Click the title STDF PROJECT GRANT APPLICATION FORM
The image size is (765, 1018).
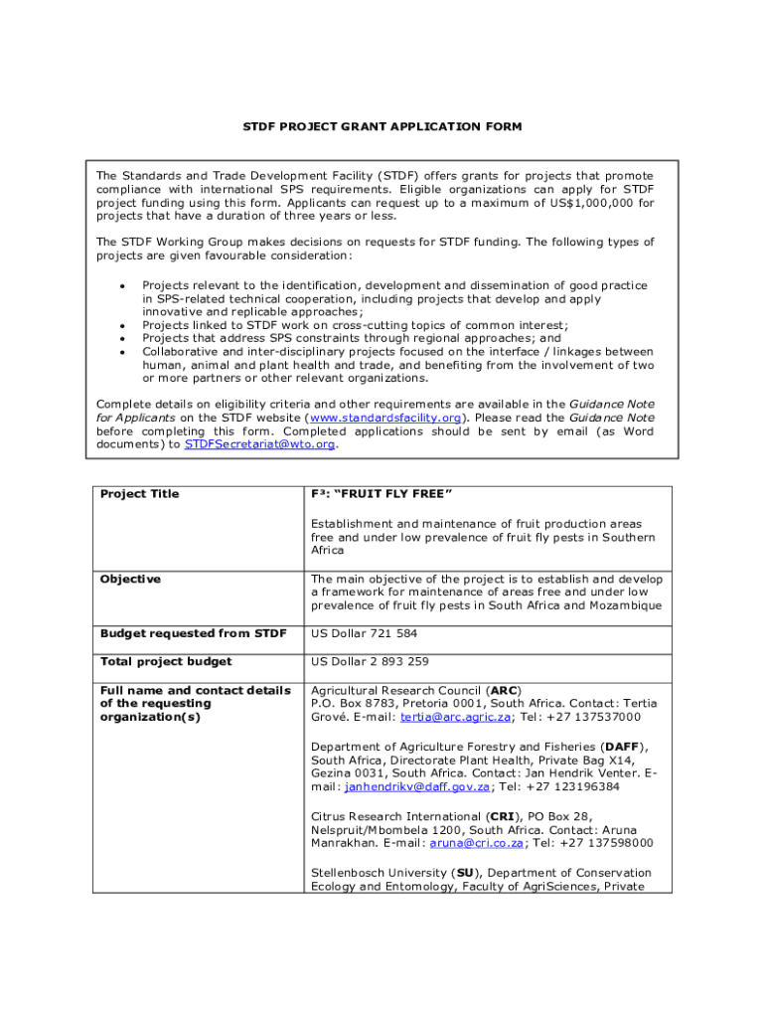(x=382, y=127)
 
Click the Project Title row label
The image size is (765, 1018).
(x=140, y=494)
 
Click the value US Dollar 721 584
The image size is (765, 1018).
(x=364, y=632)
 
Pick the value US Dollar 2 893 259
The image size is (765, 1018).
(x=370, y=661)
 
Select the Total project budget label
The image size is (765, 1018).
(x=166, y=661)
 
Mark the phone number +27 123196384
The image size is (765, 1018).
(x=573, y=786)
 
